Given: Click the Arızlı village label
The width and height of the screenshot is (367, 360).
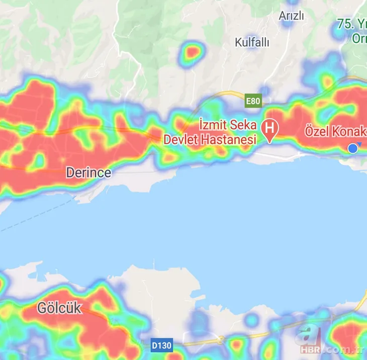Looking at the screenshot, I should tap(292, 16).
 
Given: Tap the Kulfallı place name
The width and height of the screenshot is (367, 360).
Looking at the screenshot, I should tap(252, 43).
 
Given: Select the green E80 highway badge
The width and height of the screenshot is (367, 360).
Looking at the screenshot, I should tap(253, 101).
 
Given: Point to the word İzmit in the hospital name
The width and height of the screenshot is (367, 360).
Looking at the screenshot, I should tap(213, 125).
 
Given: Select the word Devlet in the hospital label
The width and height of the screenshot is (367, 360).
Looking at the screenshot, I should tap(180, 140).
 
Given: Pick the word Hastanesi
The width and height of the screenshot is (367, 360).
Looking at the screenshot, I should tap(229, 140).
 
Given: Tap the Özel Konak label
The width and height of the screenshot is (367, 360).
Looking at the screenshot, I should tap(335, 132).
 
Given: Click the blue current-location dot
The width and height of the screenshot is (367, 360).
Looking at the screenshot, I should tap(353, 148).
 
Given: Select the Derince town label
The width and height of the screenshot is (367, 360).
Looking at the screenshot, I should tap(88, 172).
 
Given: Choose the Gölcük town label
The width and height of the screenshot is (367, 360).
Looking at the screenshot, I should tap(59, 308).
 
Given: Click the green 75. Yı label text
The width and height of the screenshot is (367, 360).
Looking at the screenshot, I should tap(352, 24).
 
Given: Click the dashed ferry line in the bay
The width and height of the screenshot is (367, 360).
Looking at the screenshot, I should tap(30, 218).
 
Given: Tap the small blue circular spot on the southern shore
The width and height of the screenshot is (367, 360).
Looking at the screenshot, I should tap(251, 320).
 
